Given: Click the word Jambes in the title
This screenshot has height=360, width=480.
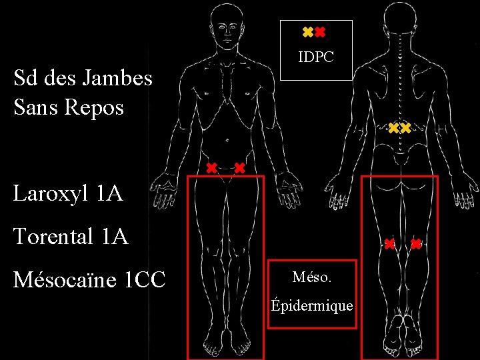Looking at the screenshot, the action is tap(116, 79).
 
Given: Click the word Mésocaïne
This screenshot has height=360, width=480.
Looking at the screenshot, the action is tap(65, 279).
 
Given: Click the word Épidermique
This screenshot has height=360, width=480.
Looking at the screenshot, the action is tap(311, 306).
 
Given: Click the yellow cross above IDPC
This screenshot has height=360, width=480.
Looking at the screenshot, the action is tap(307, 32).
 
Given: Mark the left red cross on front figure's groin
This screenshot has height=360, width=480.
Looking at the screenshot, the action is tap(211, 167).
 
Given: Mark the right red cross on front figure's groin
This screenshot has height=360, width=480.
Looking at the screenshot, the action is tap(239, 167).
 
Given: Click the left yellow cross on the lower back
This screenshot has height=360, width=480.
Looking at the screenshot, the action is tap(393, 127).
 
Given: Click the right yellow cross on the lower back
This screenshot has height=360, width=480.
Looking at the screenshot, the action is tap(405, 127).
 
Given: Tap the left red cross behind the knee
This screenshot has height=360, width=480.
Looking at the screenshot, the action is tap(389, 244).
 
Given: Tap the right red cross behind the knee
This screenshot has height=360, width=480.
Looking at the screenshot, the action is tap(416, 244).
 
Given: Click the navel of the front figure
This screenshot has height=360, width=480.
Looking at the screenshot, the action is tap(228, 141).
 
